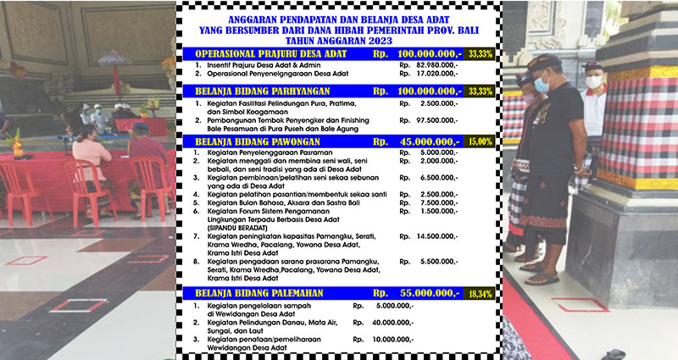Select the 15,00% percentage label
point(485,141)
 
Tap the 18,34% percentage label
point(485,292)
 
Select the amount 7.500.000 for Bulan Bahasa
point(432,202)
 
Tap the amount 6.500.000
point(432,180)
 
